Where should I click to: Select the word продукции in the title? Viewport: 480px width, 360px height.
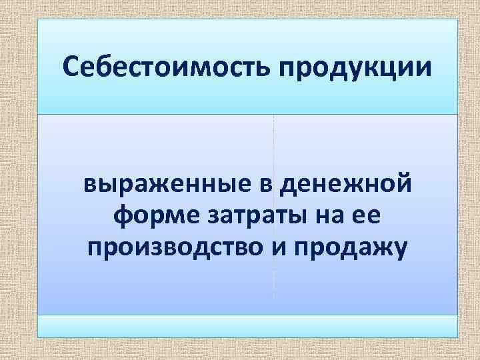[x=359, y=68]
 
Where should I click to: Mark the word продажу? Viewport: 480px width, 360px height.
[x=351, y=249]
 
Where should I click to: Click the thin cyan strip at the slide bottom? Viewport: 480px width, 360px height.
[x=247, y=326]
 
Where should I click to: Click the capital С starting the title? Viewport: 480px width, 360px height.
[x=69, y=67]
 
